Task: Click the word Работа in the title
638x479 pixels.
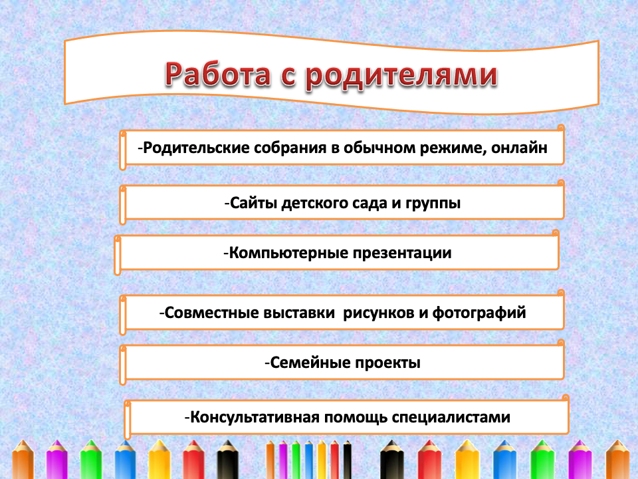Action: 218,74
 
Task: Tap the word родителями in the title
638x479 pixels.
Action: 401,76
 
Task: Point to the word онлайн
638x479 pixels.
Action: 519,148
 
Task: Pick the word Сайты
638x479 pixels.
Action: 253,203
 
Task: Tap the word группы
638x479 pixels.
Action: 433,204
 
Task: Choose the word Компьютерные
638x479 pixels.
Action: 288,253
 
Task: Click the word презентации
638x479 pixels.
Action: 402,253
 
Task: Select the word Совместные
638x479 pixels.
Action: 211,313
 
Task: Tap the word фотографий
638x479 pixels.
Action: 479,313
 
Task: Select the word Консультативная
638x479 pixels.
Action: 255,417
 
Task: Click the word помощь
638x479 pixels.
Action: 356,418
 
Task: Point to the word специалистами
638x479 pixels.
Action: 451,418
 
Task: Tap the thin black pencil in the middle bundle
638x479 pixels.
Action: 348,460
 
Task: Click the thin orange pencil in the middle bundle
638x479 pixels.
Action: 270,460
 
